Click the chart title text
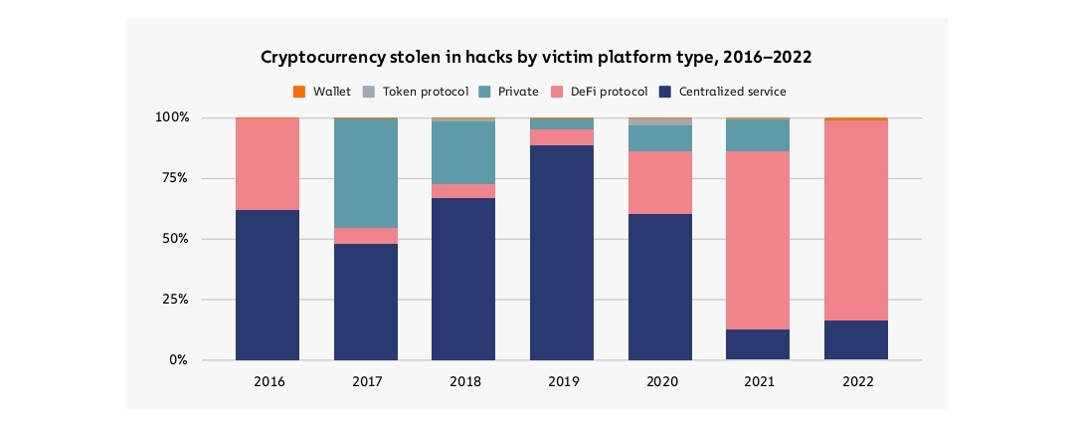tap(536, 58)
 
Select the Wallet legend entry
tap(323, 92)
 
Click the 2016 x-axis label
tap(268, 381)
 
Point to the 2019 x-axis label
tap(562, 381)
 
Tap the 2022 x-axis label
tap(856, 381)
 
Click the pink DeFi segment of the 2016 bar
tap(268, 164)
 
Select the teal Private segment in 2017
tap(366, 173)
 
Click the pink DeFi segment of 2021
tap(758, 240)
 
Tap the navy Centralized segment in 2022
tap(856, 339)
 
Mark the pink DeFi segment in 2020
tap(660, 182)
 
